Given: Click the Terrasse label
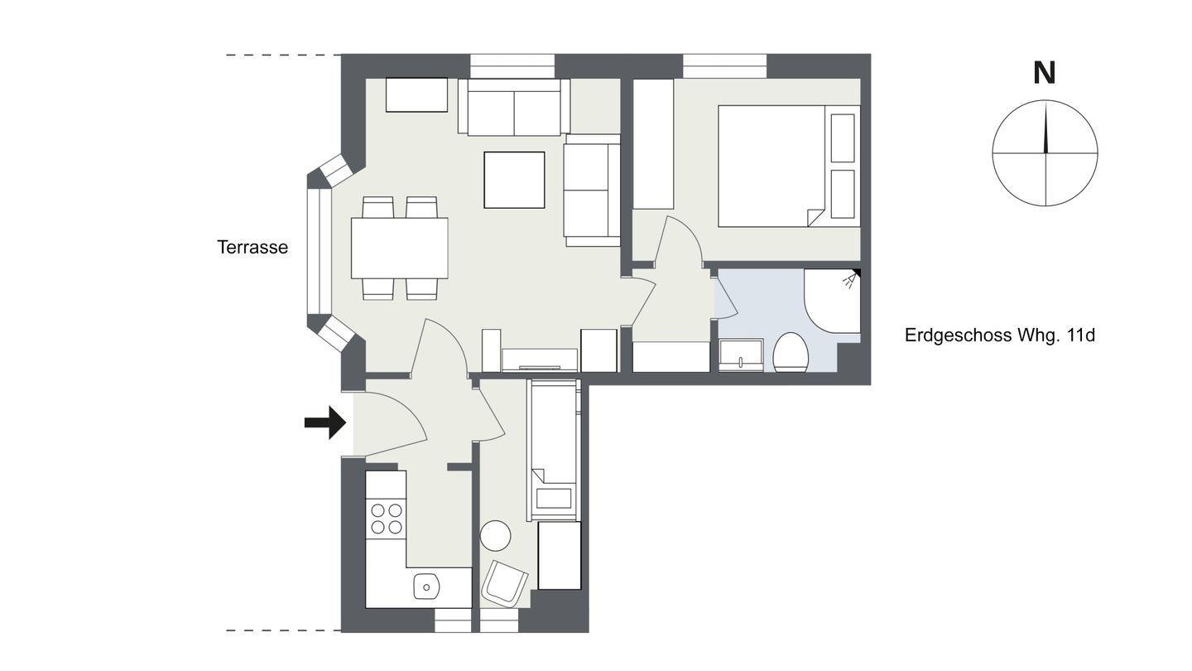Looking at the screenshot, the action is tap(252, 247).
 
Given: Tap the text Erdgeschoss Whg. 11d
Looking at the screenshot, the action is tap(1000, 335).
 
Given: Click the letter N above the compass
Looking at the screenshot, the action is tap(1045, 74).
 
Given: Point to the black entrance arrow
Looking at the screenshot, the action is tap(325, 422).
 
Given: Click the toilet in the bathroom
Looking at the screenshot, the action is tap(791, 353).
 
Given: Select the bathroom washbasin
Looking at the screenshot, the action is tap(741, 355).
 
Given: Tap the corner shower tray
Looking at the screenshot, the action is tap(832, 302).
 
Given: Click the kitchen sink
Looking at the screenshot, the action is tap(426, 587).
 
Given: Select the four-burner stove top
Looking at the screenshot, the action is tap(387, 519).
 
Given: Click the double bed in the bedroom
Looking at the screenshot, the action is tap(789, 167).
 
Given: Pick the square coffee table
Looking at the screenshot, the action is tap(514, 180).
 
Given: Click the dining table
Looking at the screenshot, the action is tap(399, 249).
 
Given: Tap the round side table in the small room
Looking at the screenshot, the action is tap(495, 536).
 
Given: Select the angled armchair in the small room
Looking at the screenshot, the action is tap(504, 584).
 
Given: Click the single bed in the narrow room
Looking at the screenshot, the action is tap(552, 451).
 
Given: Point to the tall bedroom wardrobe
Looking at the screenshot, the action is tap(653, 144).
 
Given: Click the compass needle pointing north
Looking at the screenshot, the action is tap(1045, 127).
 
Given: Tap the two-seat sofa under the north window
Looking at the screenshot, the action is tap(514, 108).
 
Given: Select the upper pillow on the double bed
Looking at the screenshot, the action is tap(843, 138).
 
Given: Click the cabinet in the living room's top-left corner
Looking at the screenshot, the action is tap(416, 94).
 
